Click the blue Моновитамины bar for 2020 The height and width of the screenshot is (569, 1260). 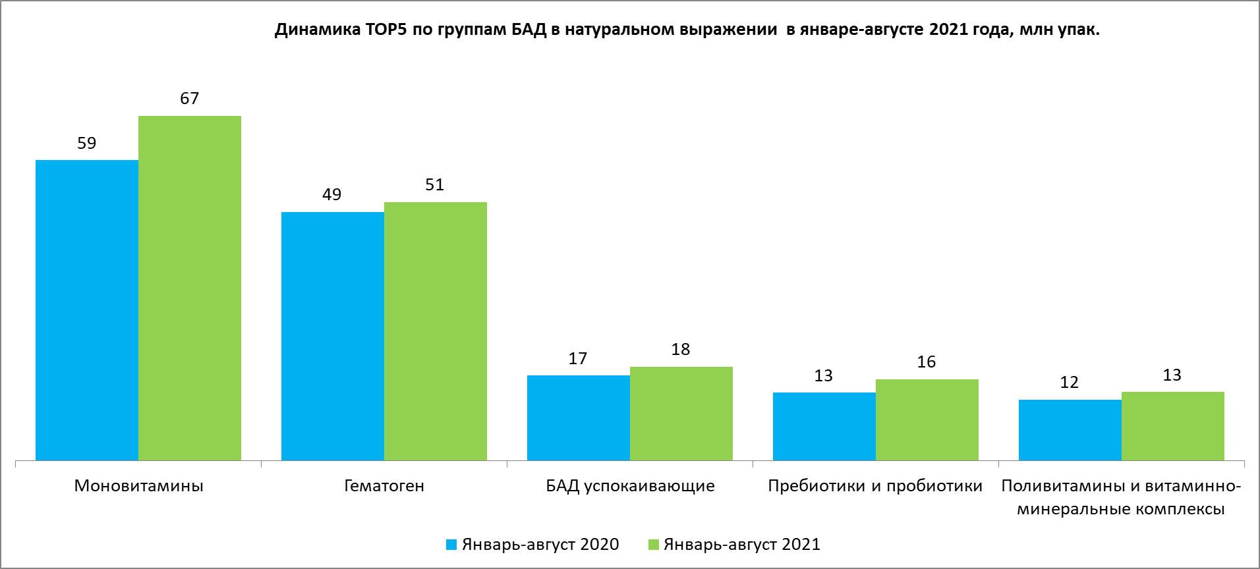[87, 310]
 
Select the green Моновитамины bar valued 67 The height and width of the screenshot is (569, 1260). [190, 288]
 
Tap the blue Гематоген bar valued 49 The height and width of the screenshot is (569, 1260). [333, 336]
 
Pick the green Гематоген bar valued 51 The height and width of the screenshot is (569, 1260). [436, 331]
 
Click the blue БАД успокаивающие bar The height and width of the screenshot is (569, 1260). [579, 418]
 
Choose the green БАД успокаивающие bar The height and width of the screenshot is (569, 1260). [681, 413]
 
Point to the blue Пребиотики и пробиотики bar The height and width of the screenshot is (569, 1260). [824, 426]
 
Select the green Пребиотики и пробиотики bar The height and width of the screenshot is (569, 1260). [927, 420]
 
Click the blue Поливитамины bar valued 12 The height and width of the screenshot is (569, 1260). [1070, 429]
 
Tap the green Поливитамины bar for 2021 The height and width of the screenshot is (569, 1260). [1173, 425]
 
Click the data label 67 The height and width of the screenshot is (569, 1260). [190, 99]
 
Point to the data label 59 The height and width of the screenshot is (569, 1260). [87, 144]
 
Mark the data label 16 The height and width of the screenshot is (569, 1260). [927, 362]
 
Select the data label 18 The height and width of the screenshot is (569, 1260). [681, 350]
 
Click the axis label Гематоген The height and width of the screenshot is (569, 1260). [384, 486]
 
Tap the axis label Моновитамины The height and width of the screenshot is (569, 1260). [138, 486]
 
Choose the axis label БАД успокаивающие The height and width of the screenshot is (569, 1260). [630, 486]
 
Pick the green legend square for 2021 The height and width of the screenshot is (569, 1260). [654, 545]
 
